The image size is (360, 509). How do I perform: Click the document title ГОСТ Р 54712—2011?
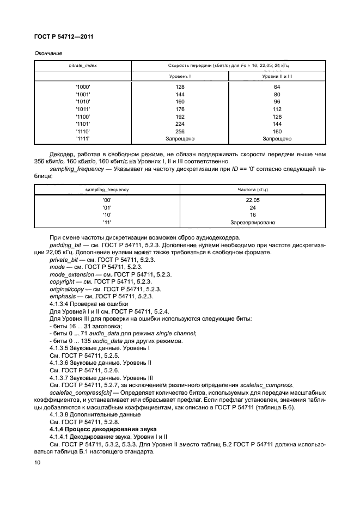(63, 37)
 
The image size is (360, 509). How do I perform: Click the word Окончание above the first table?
(48, 53)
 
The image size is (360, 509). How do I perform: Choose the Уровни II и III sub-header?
(277, 77)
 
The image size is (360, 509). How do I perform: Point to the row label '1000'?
(83, 87)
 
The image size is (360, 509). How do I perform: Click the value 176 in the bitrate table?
(180, 109)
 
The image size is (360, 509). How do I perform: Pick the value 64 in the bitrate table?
(277, 87)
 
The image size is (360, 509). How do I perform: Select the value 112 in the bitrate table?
(277, 109)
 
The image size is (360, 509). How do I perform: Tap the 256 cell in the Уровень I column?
(180, 131)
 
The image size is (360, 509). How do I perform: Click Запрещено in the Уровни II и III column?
(277, 139)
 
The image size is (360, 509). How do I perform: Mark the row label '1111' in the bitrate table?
(83, 139)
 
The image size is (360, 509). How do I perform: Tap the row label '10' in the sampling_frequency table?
(107, 215)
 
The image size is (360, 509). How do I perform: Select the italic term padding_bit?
(64, 246)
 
